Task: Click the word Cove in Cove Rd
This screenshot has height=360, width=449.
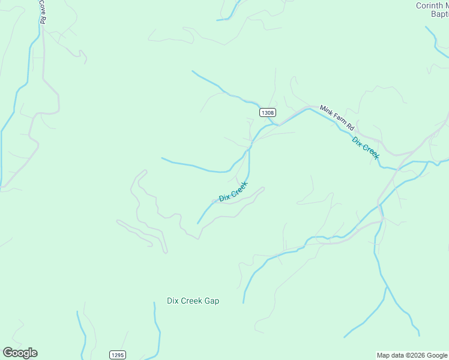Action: tap(43, 5)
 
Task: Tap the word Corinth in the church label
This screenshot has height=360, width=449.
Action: tap(429, 6)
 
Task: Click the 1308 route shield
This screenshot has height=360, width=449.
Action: tap(268, 112)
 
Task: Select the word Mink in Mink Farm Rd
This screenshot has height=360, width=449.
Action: tap(326, 110)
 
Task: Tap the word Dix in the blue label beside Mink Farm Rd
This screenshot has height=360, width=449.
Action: tap(357, 142)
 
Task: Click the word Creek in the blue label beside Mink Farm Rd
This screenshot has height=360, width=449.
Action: tap(370, 152)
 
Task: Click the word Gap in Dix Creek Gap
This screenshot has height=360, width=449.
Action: tap(211, 301)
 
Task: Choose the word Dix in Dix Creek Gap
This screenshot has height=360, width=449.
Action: tap(173, 301)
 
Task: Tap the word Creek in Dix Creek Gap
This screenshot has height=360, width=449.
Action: tap(191, 301)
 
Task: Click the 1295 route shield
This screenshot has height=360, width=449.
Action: tap(117, 355)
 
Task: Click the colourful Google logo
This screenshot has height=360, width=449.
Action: tap(20, 353)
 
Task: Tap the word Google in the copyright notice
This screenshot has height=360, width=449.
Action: tap(438, 356)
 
